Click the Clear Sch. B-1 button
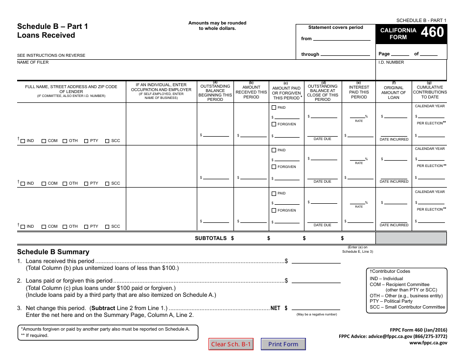point(231,344)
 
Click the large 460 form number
point(432,32)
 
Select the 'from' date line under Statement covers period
point(342,38)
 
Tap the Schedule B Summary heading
point(53,252)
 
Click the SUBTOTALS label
point(211,238)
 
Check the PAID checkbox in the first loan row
point(274,107)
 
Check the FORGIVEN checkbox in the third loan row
point(274,210)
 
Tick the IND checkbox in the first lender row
point(23,141)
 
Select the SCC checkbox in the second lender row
point(107,184)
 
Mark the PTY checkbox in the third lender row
point(86,227)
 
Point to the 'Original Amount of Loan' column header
point(394,92)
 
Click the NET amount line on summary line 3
point(316,309)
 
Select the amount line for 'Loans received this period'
point(316,262)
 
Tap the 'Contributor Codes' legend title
point(390,271)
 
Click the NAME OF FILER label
point(33,62)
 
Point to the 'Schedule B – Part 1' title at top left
point(53,26)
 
